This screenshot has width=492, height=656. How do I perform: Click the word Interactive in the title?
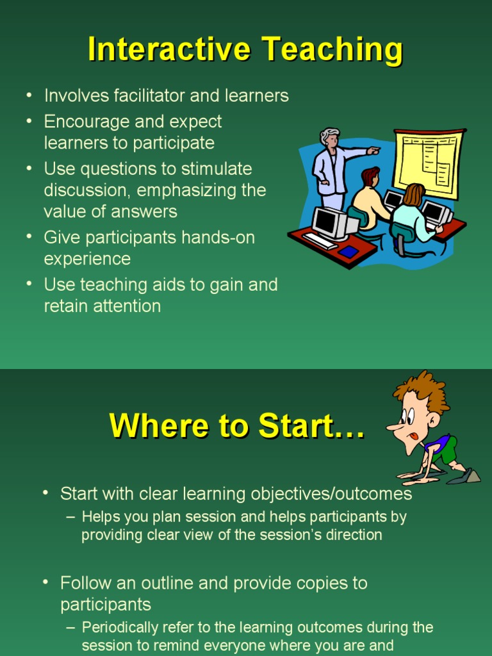[x=165, y=50]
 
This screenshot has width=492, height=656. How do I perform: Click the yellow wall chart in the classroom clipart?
[x=427, y=163]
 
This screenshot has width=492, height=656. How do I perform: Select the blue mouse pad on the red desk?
[x=348, y=251]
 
